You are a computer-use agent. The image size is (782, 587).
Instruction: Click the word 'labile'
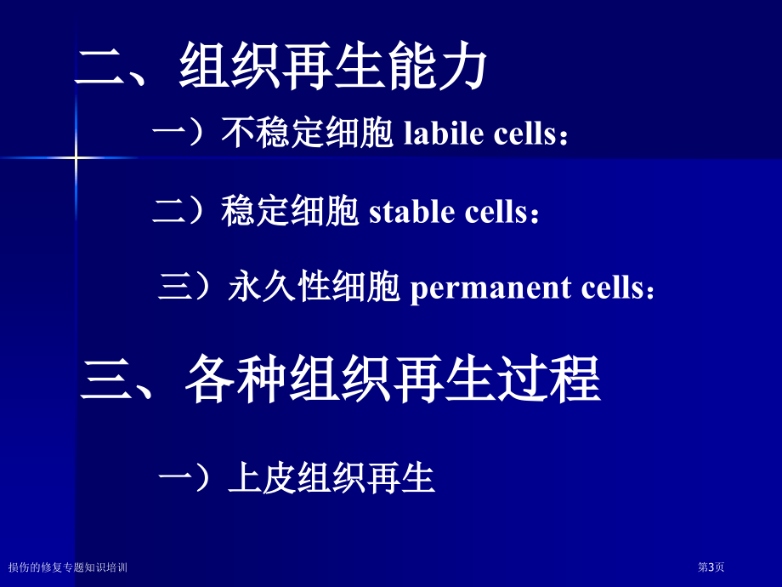click(x=444, y=134)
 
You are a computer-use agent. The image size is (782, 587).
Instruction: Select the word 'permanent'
click(x=490, y=288)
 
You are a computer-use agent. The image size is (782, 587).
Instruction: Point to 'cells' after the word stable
click(x=496, y=211)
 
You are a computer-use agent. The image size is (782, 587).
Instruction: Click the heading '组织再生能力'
click(x=333, y=66)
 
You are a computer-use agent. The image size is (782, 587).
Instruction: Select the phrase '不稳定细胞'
click(x=307, y=133)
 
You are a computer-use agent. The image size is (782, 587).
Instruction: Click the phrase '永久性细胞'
click(x=314, y=287)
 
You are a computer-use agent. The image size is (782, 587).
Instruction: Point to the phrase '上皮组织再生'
click(x=331, y=478)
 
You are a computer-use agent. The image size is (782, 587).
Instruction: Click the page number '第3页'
click(x=711, y=567)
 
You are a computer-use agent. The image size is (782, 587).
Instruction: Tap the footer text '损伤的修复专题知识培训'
click(x=68, y=567)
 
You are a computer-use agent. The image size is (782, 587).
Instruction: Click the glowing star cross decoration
click(x=76, y=157)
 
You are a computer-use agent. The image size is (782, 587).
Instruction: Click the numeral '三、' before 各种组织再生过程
click(x=117, y=380)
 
